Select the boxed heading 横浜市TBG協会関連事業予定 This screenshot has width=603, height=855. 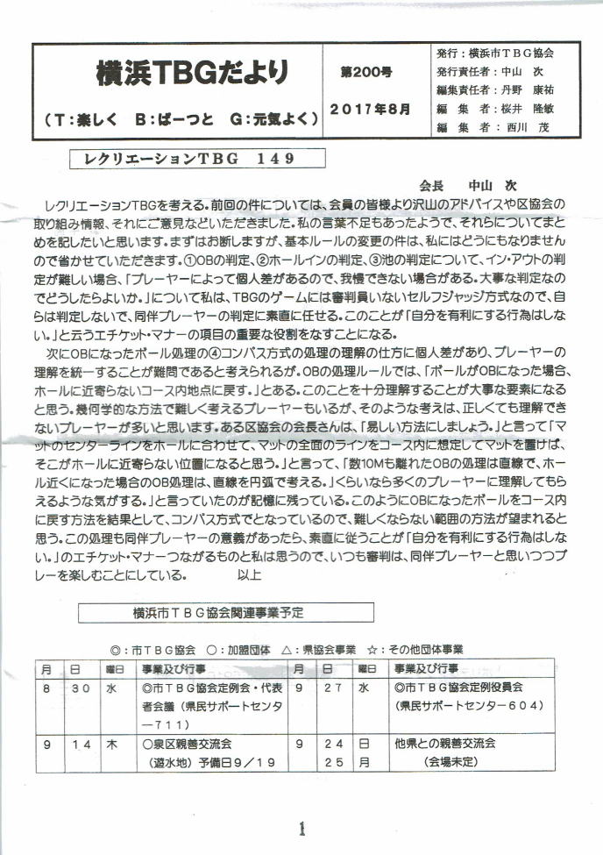coord(225,611)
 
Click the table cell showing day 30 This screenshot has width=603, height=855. coord(82,689)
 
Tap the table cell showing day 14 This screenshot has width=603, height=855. coord(82,744)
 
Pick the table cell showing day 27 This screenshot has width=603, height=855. coord(333,689)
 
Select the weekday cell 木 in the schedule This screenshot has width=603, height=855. coord(112,744)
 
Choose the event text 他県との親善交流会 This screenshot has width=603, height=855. coord(445,744)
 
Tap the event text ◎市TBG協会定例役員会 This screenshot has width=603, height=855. coord(458,689)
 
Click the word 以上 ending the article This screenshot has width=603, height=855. coord(249,577)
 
